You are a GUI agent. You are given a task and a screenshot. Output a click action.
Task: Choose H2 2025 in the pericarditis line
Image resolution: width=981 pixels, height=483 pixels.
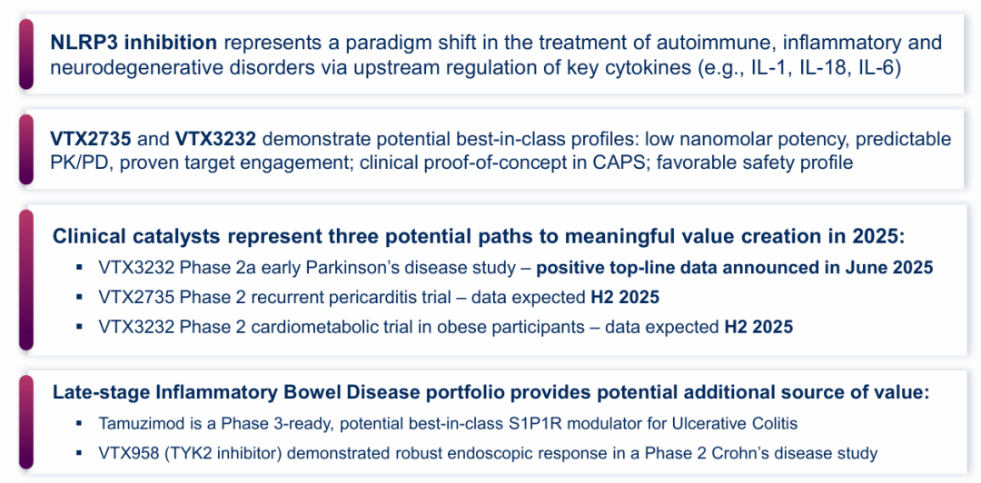click(625, 297)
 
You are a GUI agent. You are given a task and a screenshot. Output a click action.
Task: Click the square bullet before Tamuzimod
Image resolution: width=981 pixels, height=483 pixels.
click(79, 423)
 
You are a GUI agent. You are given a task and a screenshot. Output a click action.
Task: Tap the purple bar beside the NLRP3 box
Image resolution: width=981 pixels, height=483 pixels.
click(25, 54)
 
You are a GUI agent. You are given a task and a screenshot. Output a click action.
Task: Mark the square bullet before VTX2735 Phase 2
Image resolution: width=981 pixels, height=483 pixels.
click(79, 297)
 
